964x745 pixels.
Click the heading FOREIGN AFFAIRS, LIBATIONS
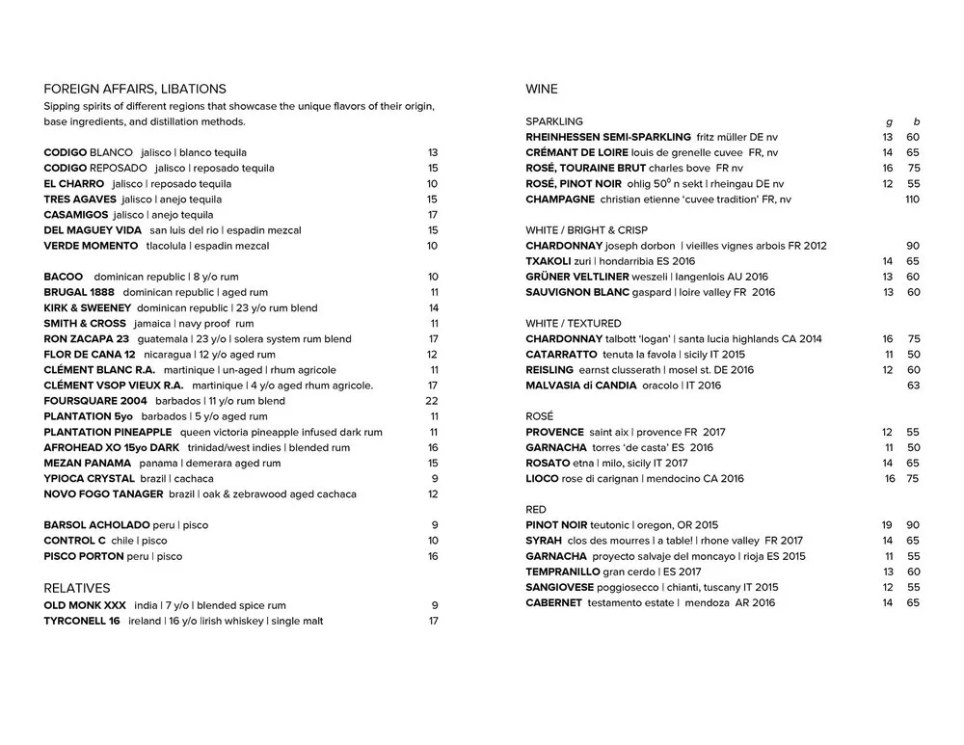pos(135,89)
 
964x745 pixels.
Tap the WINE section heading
pos(542,89)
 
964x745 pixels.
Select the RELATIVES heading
pos(77,588)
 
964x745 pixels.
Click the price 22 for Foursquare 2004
pos(432,401)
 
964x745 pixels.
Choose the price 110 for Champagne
pos(912,200)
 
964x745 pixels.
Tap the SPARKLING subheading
pos(554,121)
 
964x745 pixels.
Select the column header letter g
pos(888,121)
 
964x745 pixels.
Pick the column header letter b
pos(917,121)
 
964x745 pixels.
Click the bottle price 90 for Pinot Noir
pos(913,525)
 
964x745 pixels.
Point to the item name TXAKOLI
pos(549,261)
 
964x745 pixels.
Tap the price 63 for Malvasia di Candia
pos(913,386)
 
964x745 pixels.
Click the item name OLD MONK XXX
pos(85,605)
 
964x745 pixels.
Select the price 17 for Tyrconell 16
pos(433,621)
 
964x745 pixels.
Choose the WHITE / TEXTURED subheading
pos(574,323)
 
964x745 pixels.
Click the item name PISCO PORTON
pos(84,556)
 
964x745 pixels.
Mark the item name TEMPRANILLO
pos(562,572)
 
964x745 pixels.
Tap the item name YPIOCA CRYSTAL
pos(88,479)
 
